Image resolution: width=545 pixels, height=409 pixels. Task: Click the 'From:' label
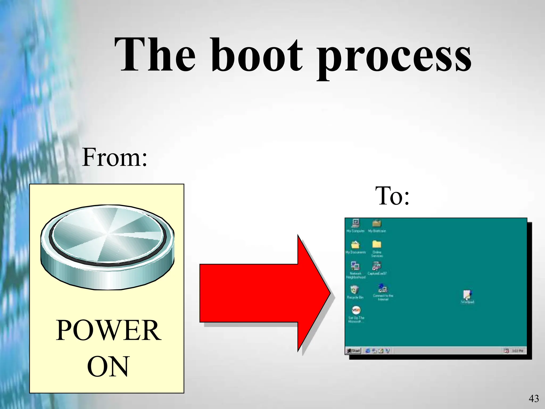pyautogui.click(x=114, y=158)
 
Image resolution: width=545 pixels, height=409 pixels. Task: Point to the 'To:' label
pyautogui.click(x=392, y=196)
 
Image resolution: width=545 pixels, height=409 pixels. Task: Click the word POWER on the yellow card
pyautogui.click(x=108, y=330)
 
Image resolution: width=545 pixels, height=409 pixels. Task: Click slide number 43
pyautogui.click(x=534, y=399)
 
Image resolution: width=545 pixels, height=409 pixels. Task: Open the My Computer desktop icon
pyautogui.click(x=356, y=223)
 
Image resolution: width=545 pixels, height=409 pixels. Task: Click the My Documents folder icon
pyautogui.click(x=355, y=245)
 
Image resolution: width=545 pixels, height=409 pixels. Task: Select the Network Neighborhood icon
pyautogui.click(x=355, y=266)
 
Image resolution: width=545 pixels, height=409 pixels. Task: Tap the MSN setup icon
pyautogui.click(x=356, y=310)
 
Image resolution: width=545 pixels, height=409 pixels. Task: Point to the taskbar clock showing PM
pyautogui.click(x=517, y=351)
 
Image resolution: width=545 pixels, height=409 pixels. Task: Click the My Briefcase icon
pyautogui.click(x=377, y=223)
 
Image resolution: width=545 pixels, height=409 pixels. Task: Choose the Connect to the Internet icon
pyautogui.click(x=383, y=289)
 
